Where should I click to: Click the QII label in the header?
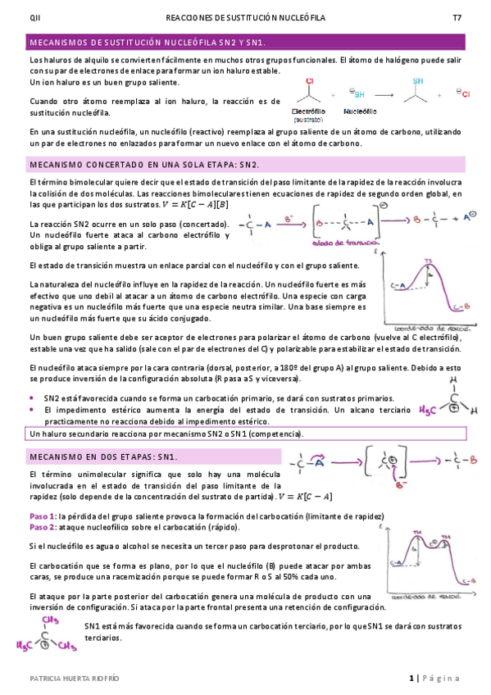[x=34, y=16]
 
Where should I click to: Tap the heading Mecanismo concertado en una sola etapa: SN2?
[x=144, y=165]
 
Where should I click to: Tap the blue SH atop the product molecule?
[x=418, y=81]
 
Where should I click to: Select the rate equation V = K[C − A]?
[x=306, y=497]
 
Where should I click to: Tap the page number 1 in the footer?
[x=411, y=679]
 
